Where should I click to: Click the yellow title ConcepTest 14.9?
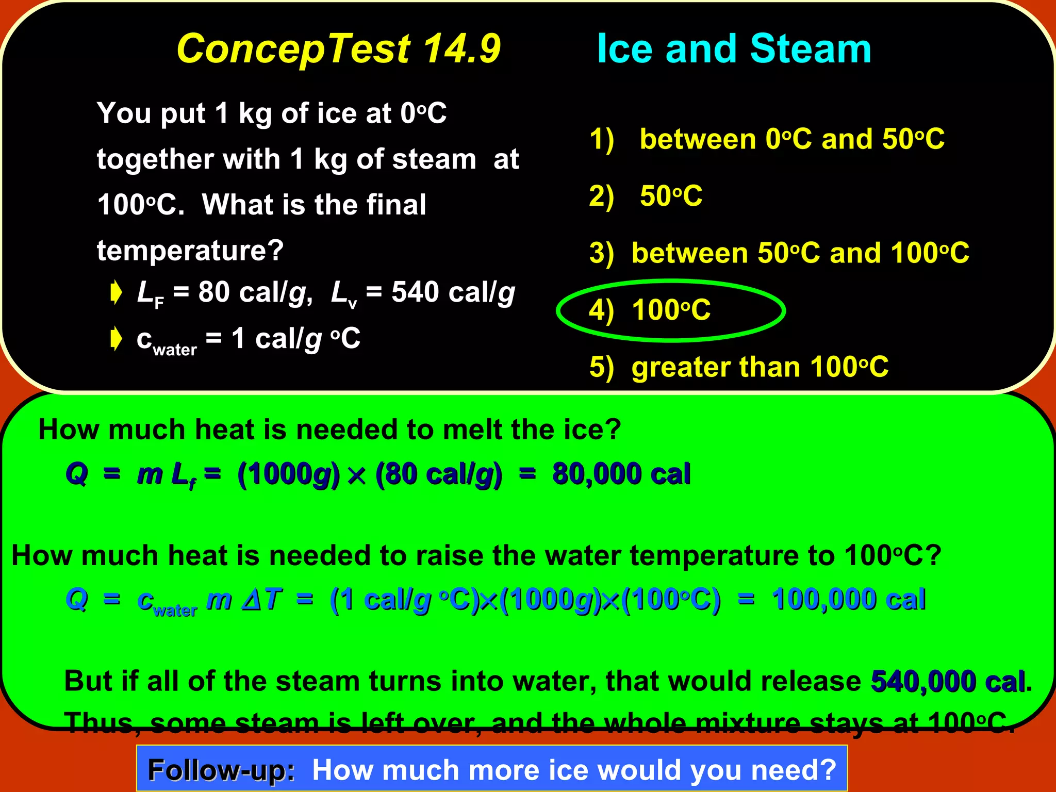tap(338, 49)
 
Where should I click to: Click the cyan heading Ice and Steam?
tap(734, 49)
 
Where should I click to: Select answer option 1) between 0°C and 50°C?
tap(767, 139)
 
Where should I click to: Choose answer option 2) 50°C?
tap(646, 196)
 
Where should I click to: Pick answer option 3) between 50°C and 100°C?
tap(779, 253)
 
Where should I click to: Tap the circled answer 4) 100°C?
tap(650, 310)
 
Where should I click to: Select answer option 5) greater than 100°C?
tap(739, 367)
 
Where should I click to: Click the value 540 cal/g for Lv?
tap(453, 293)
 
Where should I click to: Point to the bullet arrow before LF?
tap(117, 293)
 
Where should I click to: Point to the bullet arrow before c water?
tap(117, 339)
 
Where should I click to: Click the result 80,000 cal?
tap(621, 474)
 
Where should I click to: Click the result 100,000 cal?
tap(848, 600)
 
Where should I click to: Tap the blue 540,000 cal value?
tap(948, 681)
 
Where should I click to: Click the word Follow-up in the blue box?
tap(221, 770)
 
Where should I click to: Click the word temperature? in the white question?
tap(190, 251)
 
